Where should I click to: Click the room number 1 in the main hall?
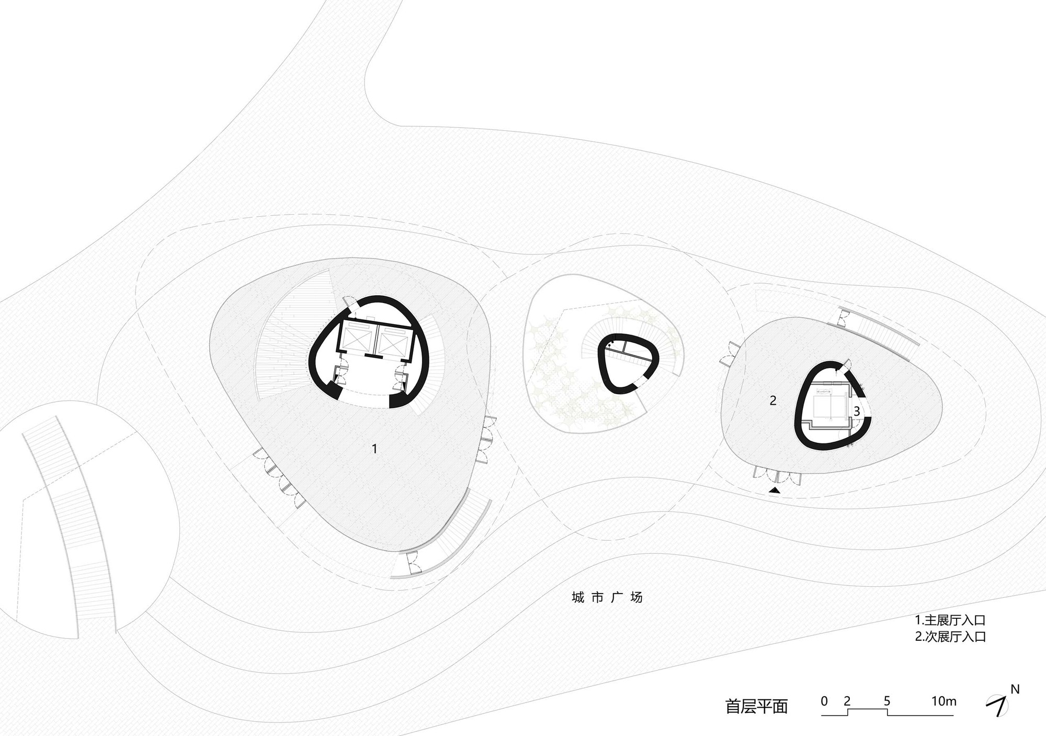coord(374,449)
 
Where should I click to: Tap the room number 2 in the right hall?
coord(773,400)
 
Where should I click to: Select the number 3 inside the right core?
coord(857,411)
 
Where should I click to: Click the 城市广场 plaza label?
coord(607,597)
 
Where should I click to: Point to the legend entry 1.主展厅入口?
coord(950,620)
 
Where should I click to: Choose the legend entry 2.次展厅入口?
coord(950,637)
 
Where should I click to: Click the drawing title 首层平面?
coord(756,706)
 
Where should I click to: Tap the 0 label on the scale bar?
coord(824,701)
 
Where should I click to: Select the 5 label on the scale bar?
coord(887,701)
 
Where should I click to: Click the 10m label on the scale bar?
coord(943,701)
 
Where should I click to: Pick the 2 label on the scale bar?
coord(847,701)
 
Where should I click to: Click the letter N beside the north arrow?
coord(1015,689)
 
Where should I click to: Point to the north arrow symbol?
coord(998,706)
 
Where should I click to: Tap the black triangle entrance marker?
coord(775,490)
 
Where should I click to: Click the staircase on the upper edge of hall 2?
coord(879,327)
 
